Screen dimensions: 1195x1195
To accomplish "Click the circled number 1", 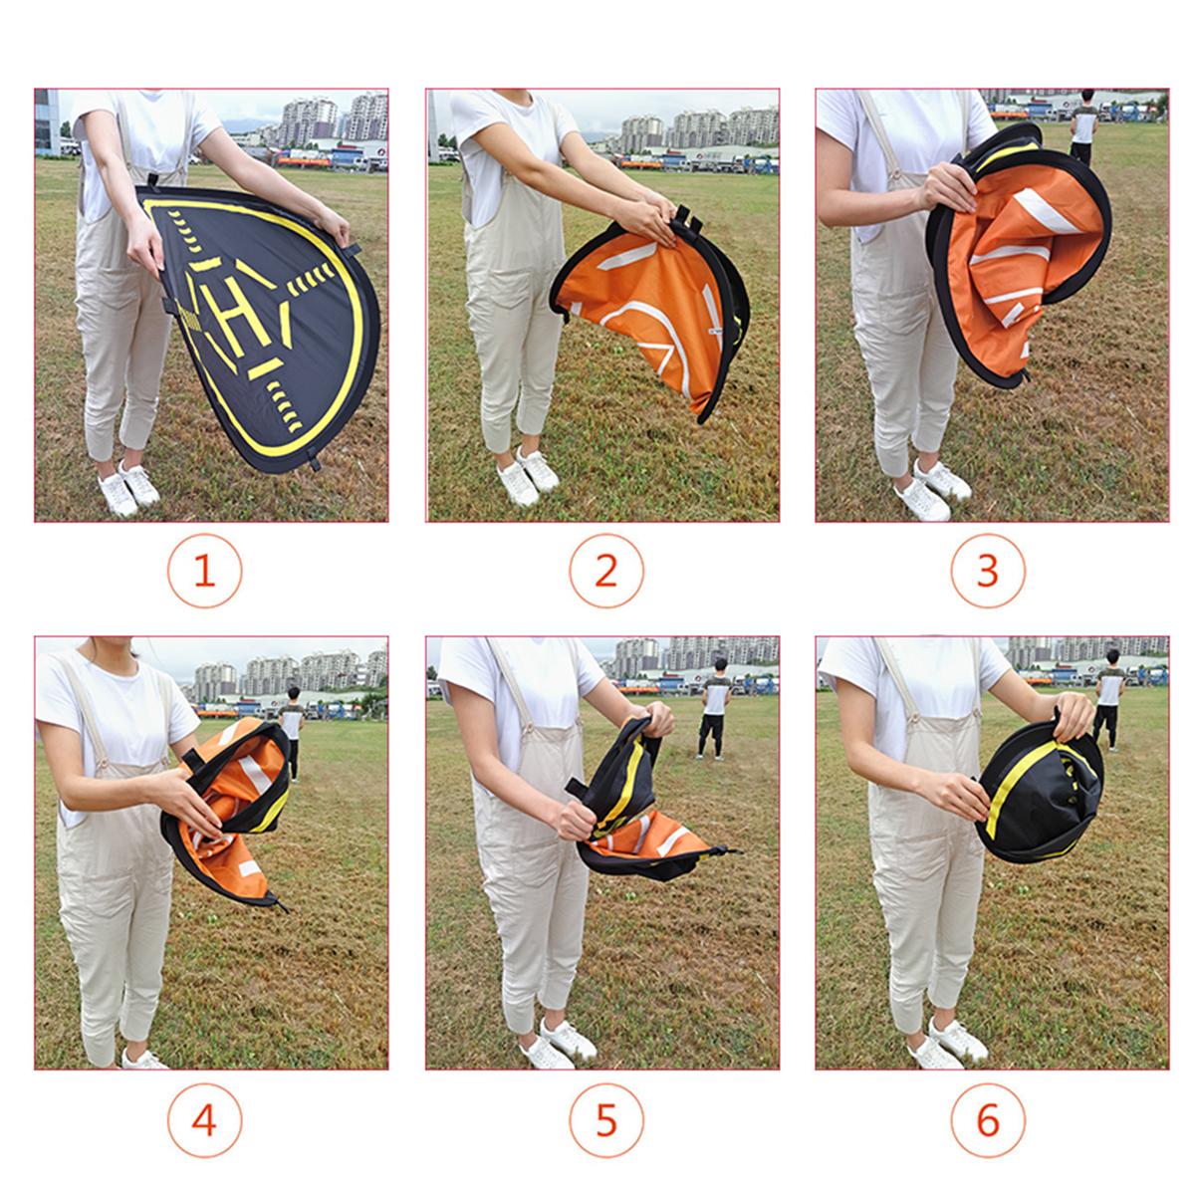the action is tap(204, 571).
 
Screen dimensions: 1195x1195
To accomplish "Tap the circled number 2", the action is tap(605, 571).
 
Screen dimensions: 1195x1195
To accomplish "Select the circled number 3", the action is tap(987, 571).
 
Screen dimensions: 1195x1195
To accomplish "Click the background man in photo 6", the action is tap(1109, 699).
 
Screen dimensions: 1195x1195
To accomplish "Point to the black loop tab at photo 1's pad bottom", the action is tap(313, 462).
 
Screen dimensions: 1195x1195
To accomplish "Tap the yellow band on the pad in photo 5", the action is tap(616, 787).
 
